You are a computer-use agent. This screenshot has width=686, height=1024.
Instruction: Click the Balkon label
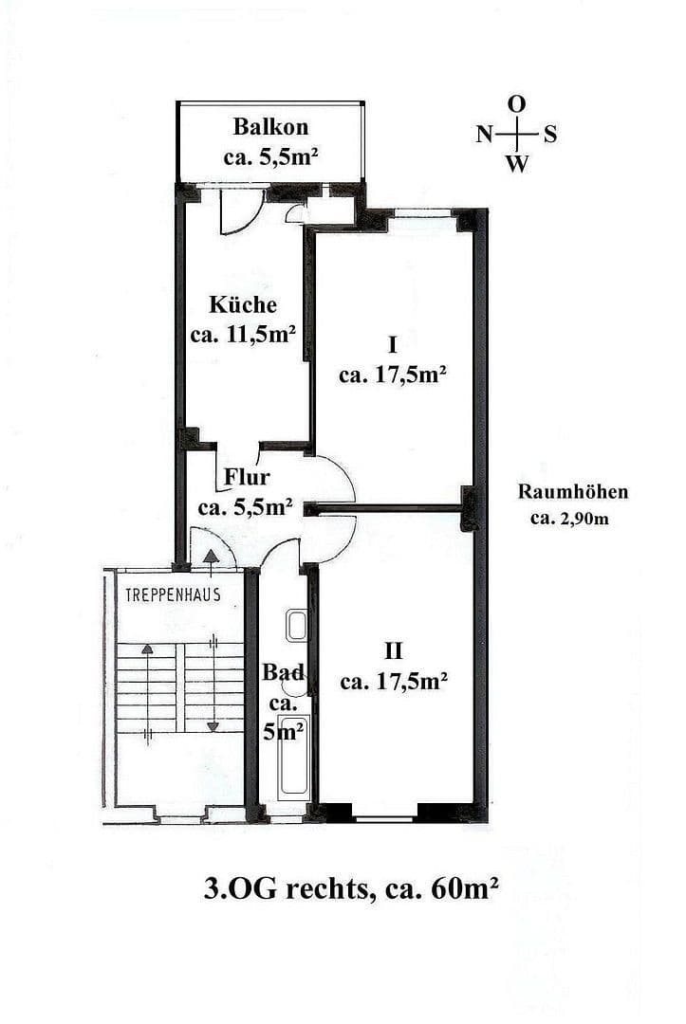pos(270,127)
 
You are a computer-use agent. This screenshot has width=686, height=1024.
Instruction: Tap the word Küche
pos(243,305)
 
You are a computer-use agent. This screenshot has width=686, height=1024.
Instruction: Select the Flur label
pos(247,476)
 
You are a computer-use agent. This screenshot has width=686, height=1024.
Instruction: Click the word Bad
pos(283,672)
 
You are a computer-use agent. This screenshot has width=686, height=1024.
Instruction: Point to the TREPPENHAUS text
pos(173,595)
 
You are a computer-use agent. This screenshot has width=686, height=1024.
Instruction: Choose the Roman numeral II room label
pos(394,651)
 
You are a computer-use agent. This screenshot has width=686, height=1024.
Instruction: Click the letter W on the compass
pos(517,164)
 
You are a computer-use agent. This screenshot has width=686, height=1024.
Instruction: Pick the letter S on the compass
pos(549,135)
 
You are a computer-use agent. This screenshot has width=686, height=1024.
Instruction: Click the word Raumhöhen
pos(572,492)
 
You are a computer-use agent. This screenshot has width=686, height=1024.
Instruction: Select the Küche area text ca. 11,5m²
pos(243,334)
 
